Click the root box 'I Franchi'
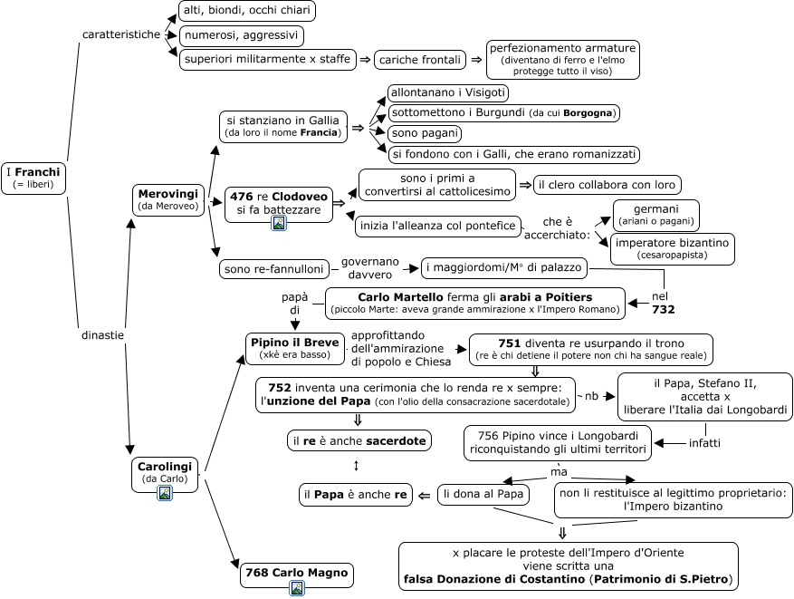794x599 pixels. click(x=33, y=179)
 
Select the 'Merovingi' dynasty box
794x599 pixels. click(x=168, y=199)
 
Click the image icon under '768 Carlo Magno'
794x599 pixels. click(x=297, y=588)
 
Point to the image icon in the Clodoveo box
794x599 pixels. click(x=279, y=222)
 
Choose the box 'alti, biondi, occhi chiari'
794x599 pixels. click(x=247, y=11)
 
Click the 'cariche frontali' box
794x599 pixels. click(x=420, y=60)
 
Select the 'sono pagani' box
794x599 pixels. click(x=425, y=133)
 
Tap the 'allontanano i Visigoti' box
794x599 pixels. click(x=447, y=92)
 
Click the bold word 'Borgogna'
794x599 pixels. click(x=588, y=113)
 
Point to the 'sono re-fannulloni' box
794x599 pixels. click(x=274, y=268)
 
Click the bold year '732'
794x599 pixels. click(x=664, y=309)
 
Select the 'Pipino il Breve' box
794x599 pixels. click(x=295, y=348)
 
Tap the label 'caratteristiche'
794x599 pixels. click(x=121, y=34)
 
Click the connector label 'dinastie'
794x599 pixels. click(x=102, y=335)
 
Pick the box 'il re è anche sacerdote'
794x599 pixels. click(x=359, y=441)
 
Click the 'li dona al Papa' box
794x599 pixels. click(x=483, y=494)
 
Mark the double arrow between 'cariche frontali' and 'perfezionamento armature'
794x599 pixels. click(x=476, y=60)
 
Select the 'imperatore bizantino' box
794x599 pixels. click(x=673, y=248)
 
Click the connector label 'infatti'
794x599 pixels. click(x=704, y=443)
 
